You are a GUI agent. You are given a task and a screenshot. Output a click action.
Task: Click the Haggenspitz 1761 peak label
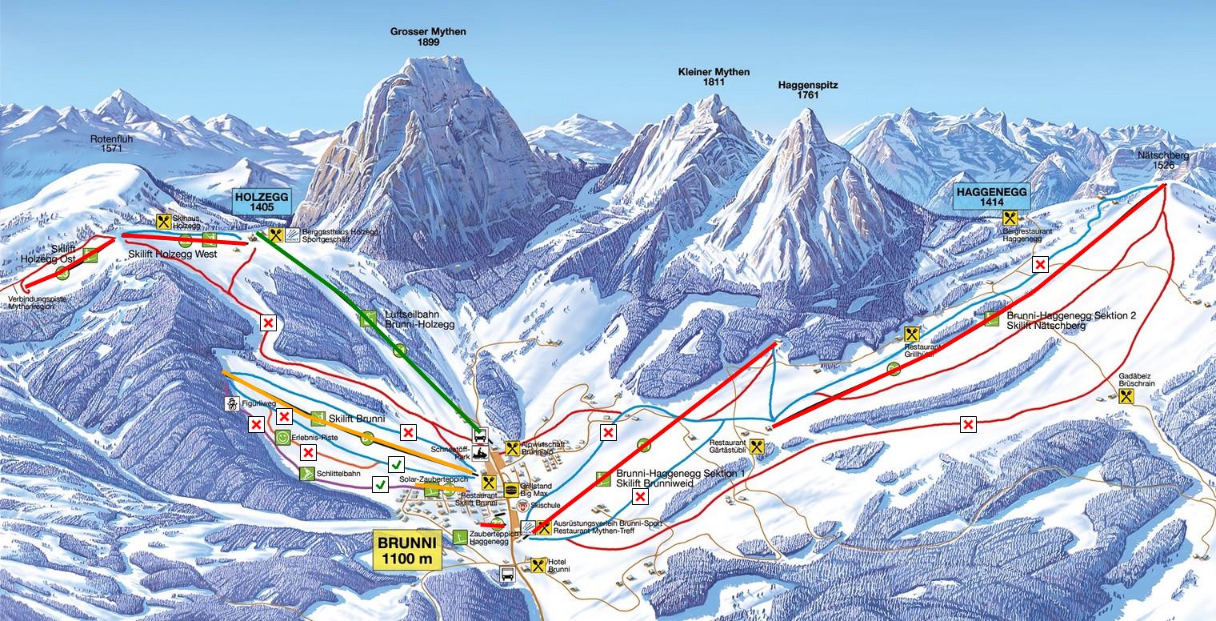807,90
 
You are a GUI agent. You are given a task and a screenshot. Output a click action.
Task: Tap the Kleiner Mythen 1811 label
714,77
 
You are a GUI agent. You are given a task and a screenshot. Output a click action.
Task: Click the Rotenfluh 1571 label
110,142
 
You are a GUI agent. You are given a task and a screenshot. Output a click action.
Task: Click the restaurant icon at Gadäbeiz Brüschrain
1127,396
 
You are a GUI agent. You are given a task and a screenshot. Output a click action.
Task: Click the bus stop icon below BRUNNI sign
506,573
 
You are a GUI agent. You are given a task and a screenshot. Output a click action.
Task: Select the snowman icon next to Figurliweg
231,403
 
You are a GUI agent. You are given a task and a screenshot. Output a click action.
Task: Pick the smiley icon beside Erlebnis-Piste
282,438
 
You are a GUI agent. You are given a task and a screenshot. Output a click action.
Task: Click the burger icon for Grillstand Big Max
511,489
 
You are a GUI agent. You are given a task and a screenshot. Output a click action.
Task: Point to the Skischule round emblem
523,507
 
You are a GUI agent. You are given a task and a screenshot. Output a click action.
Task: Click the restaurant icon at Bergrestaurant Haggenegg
1009,217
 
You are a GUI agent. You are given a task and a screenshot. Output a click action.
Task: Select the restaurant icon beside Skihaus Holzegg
164,222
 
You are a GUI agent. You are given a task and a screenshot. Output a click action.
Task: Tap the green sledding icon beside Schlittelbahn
305,474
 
